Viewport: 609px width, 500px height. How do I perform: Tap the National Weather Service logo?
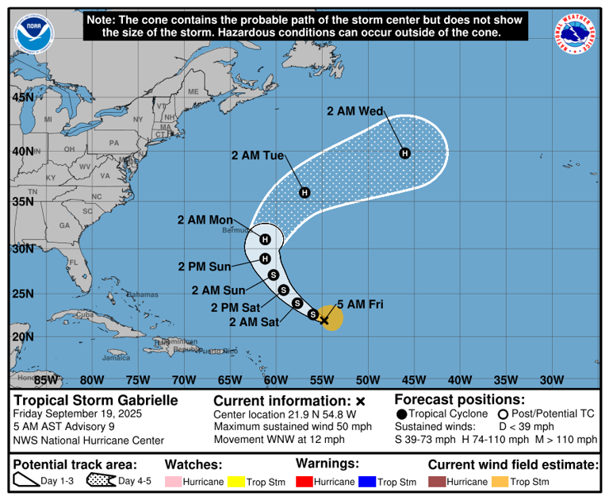[x=576, y=35]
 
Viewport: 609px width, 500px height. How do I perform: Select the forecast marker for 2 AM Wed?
[x=404, y=153]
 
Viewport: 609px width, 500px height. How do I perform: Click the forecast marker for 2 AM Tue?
[x=304, y=193]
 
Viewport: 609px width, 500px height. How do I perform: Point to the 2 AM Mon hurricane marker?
[x=266, y=239]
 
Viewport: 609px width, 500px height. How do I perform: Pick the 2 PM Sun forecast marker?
[x=266, y=258]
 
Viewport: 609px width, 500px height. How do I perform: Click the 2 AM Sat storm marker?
[x=313, y=314]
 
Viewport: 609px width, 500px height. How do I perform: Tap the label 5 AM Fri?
[x=361, y=304]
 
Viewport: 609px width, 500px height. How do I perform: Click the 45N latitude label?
[x=22, y=98]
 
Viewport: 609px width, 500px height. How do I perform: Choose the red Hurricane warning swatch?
[x=305, y=482]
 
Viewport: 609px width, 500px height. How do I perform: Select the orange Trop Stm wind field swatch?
[x=500, y=482]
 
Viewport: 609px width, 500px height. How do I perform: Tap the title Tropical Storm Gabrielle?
[x=94, y=401]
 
